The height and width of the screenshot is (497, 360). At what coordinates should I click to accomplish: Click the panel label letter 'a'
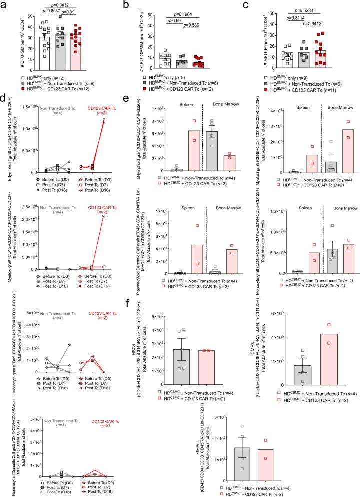coord(4,4)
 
